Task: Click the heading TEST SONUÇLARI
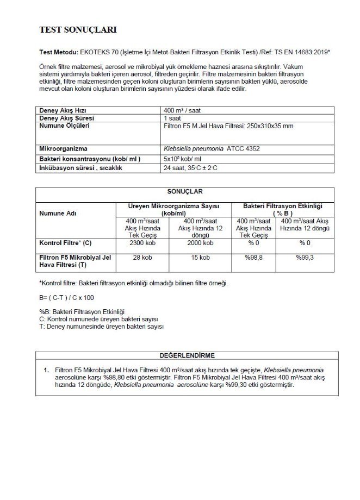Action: (x=78, y=29)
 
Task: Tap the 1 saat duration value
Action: (x=173, y=117)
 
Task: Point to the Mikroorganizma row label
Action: (x=64, y=148)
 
